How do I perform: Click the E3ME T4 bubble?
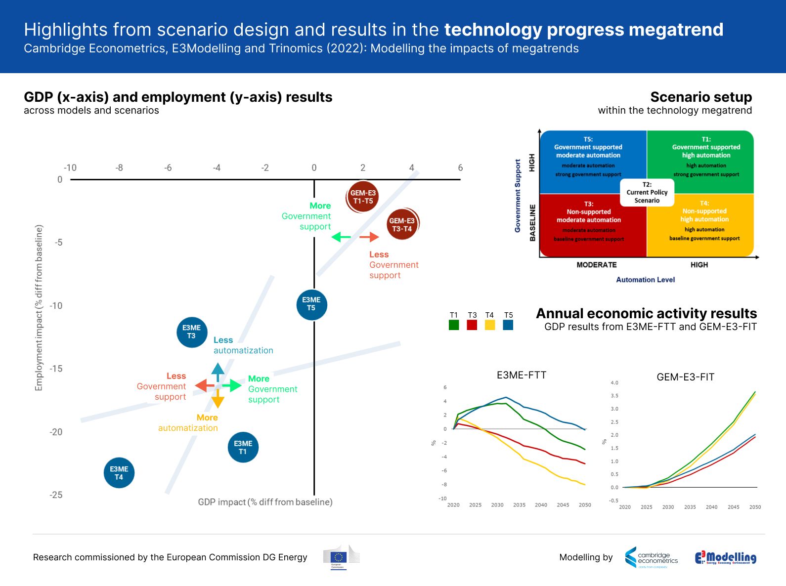point(119,473)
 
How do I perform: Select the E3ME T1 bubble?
point(243,447)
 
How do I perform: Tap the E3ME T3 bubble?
point(191,332)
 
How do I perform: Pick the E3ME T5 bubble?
point(311,304)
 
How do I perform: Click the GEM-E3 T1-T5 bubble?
point(363,197)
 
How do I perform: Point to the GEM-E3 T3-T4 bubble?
point(402,225)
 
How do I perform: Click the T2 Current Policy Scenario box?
point(647,193)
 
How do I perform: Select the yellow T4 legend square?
point(490,325)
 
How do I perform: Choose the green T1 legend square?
point(454,325)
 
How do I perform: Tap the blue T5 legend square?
point(508,325)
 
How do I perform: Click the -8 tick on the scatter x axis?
point(119,168)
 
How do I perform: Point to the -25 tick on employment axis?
point(56,495)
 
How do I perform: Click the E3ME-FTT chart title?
point(522,375)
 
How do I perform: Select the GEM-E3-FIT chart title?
point(685,377)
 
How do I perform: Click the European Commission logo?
point(341,557)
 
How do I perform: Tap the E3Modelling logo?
point(725,557)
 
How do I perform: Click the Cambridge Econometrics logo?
point(651,557)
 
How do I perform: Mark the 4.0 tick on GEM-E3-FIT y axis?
point(614,383)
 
